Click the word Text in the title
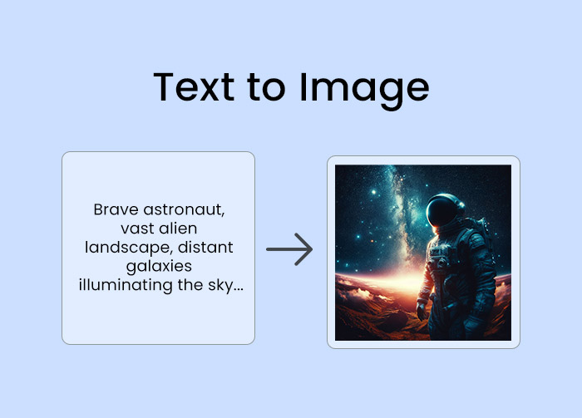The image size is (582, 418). click(x=194, y=87)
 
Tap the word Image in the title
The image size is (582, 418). click(x=364, y=91)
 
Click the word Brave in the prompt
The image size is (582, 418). click(x=116, y=209)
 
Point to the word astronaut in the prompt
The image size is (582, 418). click(x=184, y=210)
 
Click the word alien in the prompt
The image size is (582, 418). click(x=178, y=228)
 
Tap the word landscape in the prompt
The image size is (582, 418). click(x=129, y=248)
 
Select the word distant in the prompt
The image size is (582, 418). click(x=205, y=247)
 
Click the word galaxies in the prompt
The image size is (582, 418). click(x=159, y=267)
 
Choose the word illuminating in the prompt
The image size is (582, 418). click(x=126, y=286)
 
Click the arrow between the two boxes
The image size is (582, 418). click(x=289, y=249)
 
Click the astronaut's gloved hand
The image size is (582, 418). click(x=422, y=312)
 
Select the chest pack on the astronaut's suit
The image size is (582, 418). click(x=440, y=256)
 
